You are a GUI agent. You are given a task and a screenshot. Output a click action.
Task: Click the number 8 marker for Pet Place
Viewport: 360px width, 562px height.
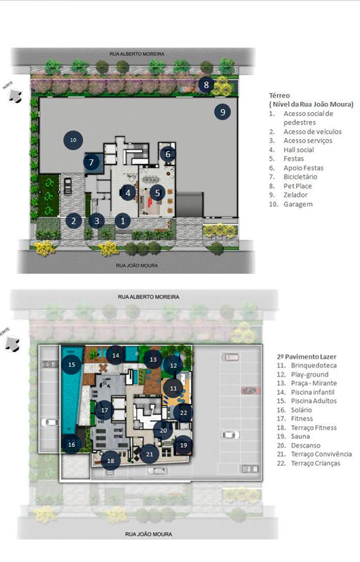tap(206, 85)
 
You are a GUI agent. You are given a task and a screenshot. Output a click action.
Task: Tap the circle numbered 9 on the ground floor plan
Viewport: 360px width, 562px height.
tap(223, 112)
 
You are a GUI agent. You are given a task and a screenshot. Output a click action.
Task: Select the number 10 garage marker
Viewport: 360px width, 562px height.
tap(73, 140)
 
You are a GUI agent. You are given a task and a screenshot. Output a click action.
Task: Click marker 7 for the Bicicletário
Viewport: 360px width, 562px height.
tap(92, 163)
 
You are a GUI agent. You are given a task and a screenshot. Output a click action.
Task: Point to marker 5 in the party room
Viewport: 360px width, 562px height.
tap(157, 193)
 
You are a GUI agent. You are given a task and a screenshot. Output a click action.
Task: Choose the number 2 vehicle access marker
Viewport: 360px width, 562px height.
tap(74, 221)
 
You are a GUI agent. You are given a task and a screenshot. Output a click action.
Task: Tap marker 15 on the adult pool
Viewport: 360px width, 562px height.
tap(72, 365)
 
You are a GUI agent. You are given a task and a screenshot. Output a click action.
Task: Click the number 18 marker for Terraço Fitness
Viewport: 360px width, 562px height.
tap(111, 460)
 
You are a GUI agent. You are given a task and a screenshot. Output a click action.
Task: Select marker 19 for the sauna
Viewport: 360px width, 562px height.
tap(183, 445)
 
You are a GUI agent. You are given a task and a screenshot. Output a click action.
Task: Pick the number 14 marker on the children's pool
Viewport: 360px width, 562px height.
tap(116, 355)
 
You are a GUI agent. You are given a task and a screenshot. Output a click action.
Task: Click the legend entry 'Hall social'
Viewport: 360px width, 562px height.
tap(298, 150)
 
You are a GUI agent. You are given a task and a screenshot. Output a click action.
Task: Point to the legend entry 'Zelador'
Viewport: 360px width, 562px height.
tap(296, 195)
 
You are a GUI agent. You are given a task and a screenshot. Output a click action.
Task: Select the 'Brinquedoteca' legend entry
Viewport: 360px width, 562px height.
tap(314, 365)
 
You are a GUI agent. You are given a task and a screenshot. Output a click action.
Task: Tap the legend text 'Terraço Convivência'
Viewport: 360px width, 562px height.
tap(321, 454)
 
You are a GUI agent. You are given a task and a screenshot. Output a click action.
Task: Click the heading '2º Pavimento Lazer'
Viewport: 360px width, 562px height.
tap(306, 357)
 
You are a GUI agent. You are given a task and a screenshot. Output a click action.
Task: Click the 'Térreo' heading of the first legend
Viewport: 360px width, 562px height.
tap(279, 95)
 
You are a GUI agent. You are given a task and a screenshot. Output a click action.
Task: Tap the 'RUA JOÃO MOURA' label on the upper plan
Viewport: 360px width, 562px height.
tap(137, 266)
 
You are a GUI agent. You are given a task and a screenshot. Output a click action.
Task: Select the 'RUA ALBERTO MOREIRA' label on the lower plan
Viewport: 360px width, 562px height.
tap(149, 297)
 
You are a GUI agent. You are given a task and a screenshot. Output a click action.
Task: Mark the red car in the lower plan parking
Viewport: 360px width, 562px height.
tap(251, 390)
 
